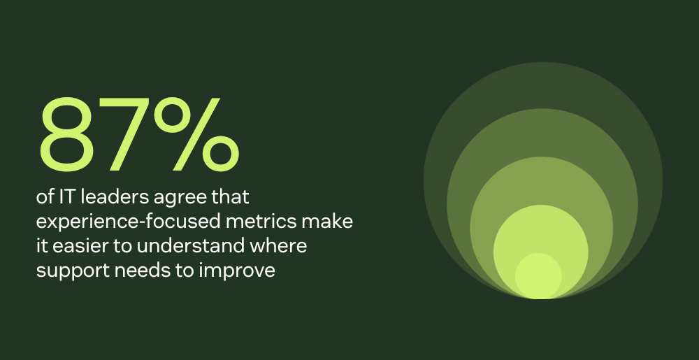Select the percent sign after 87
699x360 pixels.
click(x=196, y=134)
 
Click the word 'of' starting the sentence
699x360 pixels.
click(x=45, y=197)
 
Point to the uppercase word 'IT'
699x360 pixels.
click(x=65, y=197)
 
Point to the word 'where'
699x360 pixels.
click(x=278, y=246)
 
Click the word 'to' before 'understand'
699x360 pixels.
click(x=124, y=246)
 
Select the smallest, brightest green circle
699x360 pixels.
click(x=538, y=276)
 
